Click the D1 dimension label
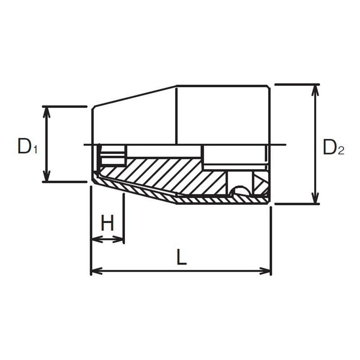pyautogui.click(x=27, y=147)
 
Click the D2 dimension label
pyautogui.click(x=333, y=147)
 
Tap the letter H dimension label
pyautogui.click(x=108, y=223)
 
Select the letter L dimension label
pyautogui.click(x=181, y=257)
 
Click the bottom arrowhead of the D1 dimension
pyautogui.click(x=47, y=175)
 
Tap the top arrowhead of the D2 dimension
pyautogui.click(x=316, y=90)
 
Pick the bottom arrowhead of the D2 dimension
pyautogui.click(x=316, y=198)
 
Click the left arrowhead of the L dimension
pyautogui.click(x=97, y=271)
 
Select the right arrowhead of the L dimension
pyautogui.click(x=265, y=271)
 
